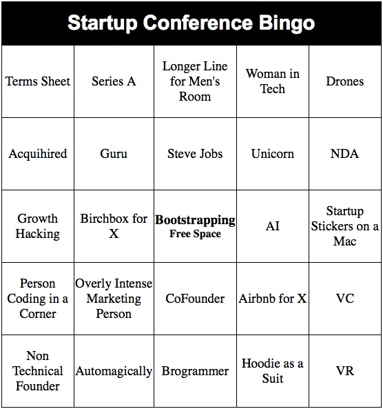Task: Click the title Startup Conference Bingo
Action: click(x=191, y=23)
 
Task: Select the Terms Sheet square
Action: click(x=38, y=81)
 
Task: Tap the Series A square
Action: click(x=114, y=81)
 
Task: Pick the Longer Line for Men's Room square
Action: click(x=195, y=81)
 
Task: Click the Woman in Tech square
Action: click(x=273, y=81)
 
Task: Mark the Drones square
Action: click(x=344, y=81)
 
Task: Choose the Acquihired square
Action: click(x=38, y=154)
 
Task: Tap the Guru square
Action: click(x=114, y=154)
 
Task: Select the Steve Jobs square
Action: click(x=195, y=154)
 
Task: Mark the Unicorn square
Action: click(x=273, y=154)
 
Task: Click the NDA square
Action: click(x=344, y=154)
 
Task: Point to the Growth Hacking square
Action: click(x=38, y=226)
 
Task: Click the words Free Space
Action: click(x=195, y=235)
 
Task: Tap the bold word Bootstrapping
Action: click(x=195, y=220)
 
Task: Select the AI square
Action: click(x=273, y=226)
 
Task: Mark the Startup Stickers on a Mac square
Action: click(x=344, y=226)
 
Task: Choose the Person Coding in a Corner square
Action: click(x=38, y=299)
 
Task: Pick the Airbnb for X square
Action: click(x=273, y=299)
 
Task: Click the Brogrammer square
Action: click(x=195, y=371)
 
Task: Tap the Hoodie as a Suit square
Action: click(x=273, y=371)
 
